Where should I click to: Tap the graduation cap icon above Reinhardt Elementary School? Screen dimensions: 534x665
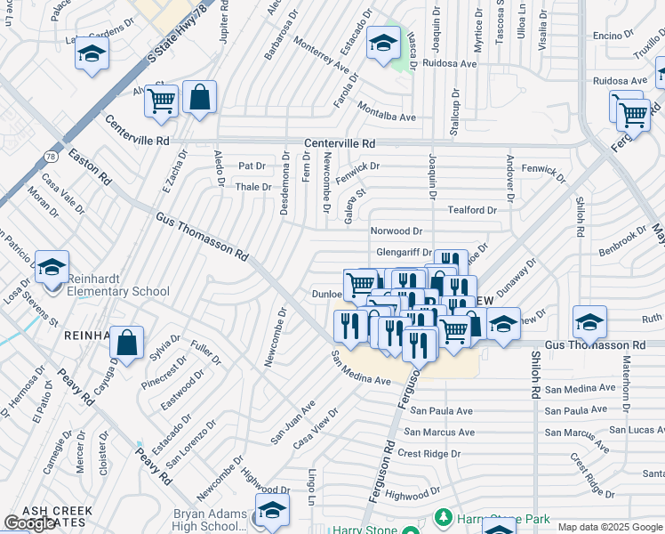52,267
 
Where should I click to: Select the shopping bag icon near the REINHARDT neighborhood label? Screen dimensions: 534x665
127,344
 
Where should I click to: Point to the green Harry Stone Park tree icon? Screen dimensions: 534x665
442,518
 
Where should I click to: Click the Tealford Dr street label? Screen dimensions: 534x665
472,210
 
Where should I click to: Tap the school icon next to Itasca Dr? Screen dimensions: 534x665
383,44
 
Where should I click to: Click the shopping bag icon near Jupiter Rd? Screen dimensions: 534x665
200,97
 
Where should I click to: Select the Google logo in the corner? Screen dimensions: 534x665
30,523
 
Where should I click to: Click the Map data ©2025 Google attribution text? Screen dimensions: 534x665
611,527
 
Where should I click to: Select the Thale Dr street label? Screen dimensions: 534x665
252,187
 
